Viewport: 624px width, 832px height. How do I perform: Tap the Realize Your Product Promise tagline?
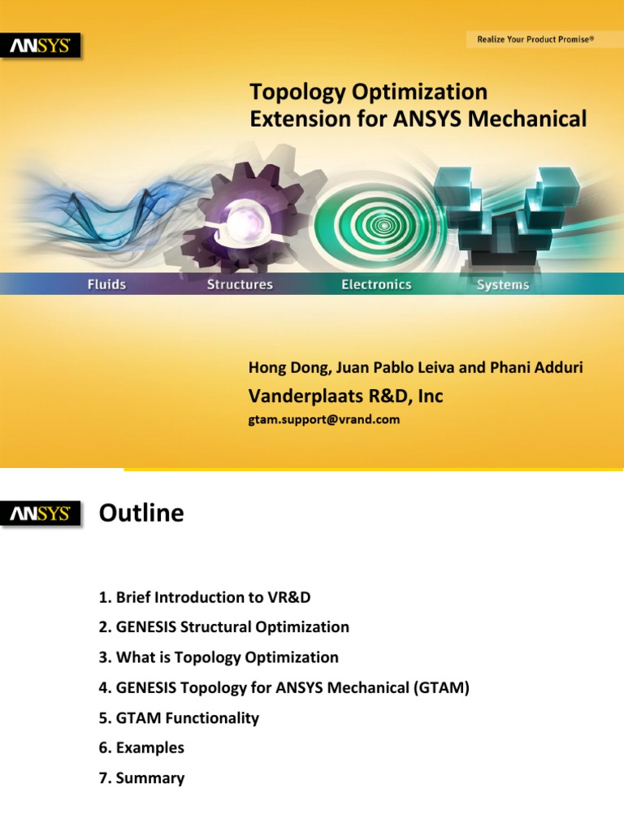point(534,39)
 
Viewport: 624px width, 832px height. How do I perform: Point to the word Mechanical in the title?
point(534,119)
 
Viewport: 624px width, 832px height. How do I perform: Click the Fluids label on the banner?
point(106,284)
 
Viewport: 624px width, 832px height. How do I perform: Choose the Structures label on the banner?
point(240,284)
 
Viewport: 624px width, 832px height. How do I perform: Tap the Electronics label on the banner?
point(376,284)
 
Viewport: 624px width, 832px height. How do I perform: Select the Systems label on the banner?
point(503,285)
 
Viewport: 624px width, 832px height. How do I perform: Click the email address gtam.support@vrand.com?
point(324,420)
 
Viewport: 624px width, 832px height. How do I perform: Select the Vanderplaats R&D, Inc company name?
point(345,396)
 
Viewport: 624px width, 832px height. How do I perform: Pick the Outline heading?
point(141,513)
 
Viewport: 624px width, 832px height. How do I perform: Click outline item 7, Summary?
point(141,778)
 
